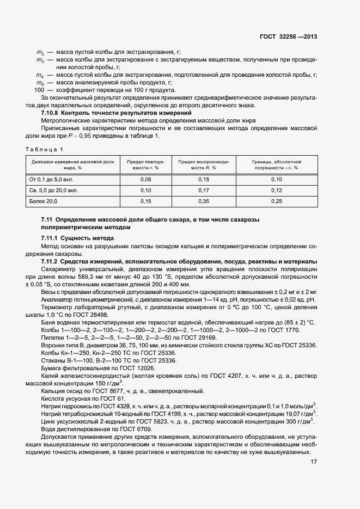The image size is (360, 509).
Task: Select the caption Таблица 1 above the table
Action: point(44,149)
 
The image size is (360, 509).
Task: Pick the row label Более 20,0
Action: point(43,202)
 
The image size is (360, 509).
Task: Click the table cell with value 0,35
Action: point(204,202)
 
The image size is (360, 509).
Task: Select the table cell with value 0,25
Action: point(277,202)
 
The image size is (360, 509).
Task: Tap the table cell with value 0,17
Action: point(204,191)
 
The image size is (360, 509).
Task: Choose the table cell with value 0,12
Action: point(277,191)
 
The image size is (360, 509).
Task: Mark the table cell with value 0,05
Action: point(145,179)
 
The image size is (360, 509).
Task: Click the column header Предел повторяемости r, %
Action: point(145,165)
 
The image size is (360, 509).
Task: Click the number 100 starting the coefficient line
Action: point(39,90)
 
